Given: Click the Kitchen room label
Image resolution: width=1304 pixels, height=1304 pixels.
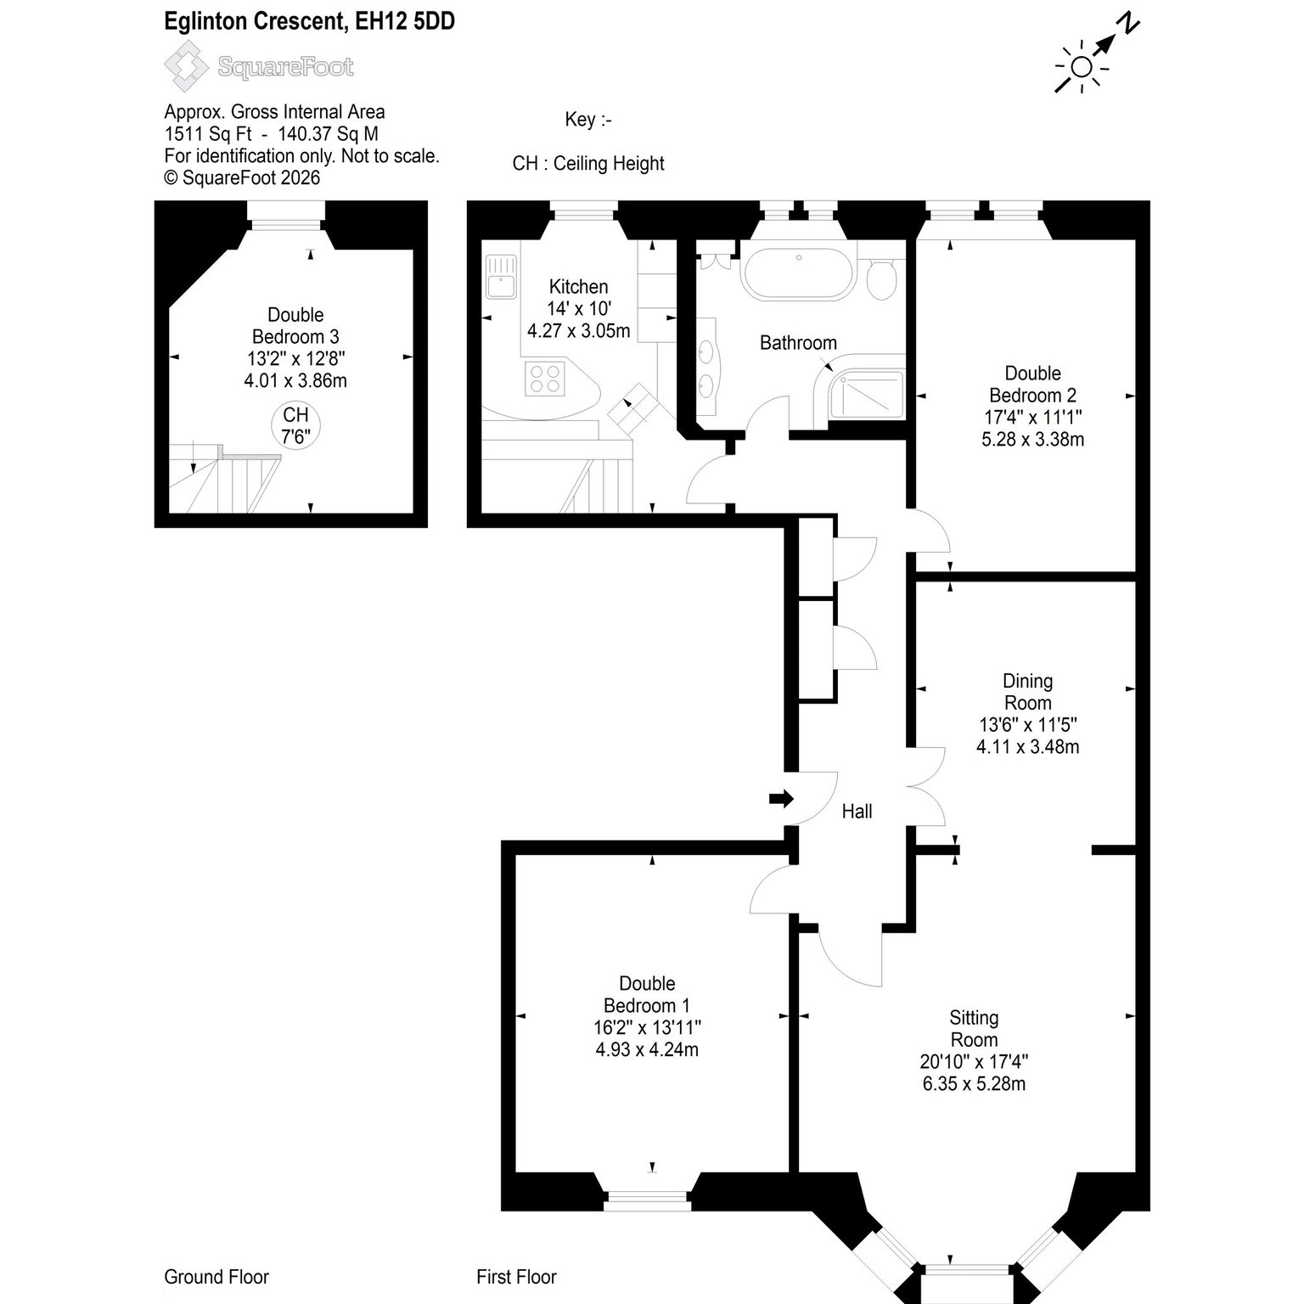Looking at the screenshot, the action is pyautogui.click(x=578, y=286).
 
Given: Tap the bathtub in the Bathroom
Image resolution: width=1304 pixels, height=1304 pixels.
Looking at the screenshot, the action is pyautogui.click(x=797, y=271).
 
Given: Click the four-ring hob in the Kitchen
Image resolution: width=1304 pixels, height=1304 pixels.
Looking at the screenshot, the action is pyautogui.click(x=546, y=378).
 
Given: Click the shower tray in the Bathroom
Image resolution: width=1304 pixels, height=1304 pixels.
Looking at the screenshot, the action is pyautogui.click(x=865, y=395).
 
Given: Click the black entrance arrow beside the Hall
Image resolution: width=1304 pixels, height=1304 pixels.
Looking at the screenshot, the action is pyautogui.click(x=781, y=798).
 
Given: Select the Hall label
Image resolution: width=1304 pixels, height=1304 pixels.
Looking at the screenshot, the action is pyautogui.click(x=857, y=812).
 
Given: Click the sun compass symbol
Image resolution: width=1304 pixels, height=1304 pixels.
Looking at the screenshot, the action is pyautogui.click(x=1081, y=67).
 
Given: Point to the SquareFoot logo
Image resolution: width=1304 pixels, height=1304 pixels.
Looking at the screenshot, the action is pyautogui.click(x=259, y=66).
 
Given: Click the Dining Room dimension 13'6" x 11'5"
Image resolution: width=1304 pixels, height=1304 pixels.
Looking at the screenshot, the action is pyautogui.click(x=1027, y=725).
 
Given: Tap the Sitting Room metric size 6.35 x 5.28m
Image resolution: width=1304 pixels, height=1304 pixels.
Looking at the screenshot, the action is pyautogui.click(x=974, y=1084).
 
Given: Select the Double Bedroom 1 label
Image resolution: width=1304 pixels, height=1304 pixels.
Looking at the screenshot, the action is pyautogui.click(x=647, y=994).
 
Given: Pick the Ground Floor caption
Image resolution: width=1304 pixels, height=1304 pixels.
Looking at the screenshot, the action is pyautogui.click(x=216, y=1277).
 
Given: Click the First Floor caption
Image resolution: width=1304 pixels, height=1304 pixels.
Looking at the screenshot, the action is pyautogui.click(x=516, y=1277).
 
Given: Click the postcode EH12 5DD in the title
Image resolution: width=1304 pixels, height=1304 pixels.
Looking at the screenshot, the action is pyautogui.click(x=404, y=22).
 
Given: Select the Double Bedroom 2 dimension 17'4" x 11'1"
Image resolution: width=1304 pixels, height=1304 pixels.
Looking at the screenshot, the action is pyautogui.click(x=1032, y=417).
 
